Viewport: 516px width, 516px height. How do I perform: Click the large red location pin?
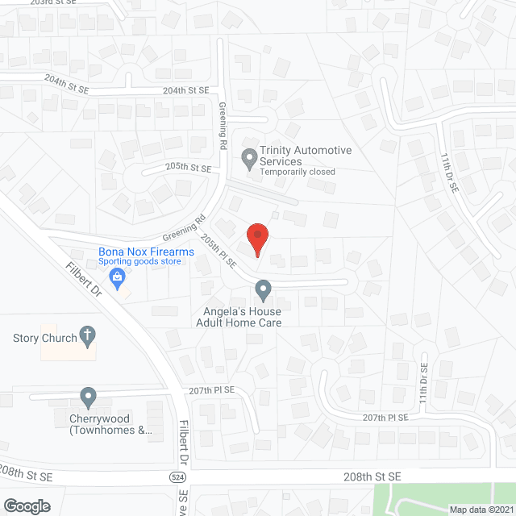coord(256,238)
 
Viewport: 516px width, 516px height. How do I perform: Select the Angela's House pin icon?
coord(263,289)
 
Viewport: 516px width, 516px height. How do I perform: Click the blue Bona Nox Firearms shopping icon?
coord(118,279)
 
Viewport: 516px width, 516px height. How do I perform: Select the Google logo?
coord(27,506)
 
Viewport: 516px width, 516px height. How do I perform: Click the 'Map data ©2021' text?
coord(481,509)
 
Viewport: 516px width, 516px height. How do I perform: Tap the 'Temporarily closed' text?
coord(297,172)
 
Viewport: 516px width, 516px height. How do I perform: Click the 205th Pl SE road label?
coord(218,251)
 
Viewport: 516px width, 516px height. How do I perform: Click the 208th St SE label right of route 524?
coord(372,476)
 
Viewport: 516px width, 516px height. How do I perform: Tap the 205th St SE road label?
coord(187,168)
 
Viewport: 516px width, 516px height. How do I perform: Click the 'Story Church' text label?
coord(37,338)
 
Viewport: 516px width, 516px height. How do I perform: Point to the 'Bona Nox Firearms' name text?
coord(147,252)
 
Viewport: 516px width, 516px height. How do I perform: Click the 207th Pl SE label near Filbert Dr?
coord(212,389)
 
